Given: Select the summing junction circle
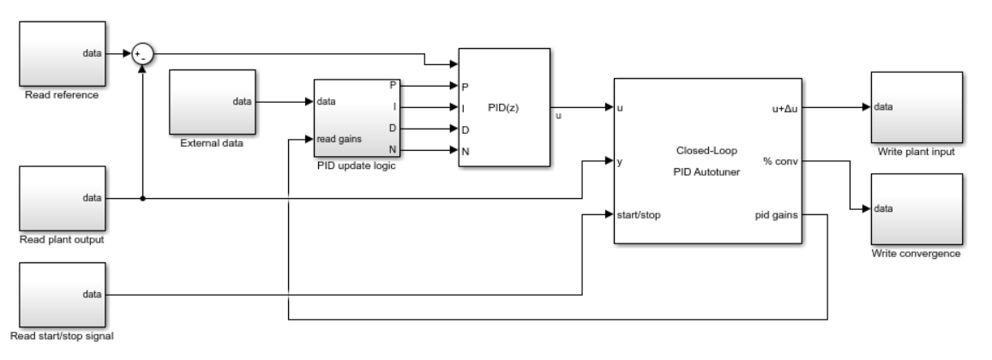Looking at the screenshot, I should coord(141,54).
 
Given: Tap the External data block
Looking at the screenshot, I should coord(211,101).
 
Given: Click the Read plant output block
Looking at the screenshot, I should coord(61,198).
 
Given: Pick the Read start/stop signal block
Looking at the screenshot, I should coord(61,295).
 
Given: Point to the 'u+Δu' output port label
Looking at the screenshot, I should coord(784,108).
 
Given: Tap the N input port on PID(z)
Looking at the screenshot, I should coord(466,151).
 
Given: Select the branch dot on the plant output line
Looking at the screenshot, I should coord(142,198).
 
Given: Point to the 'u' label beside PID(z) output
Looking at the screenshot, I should coord(560,116).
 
